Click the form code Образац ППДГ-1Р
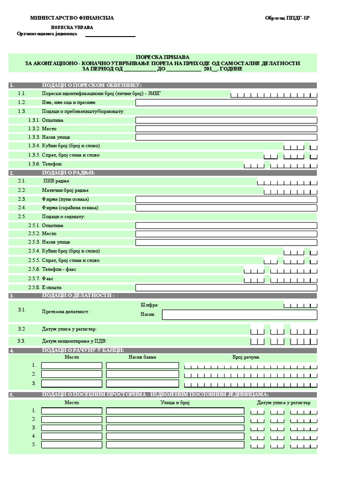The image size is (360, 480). point(287,18)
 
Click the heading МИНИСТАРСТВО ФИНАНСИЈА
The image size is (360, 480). point(72,18)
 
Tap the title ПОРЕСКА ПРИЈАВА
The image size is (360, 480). point(163,57)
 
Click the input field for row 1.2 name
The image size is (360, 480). point(226,103)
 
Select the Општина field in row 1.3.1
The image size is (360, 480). point(226,120)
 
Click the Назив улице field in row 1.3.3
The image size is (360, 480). point(226,137)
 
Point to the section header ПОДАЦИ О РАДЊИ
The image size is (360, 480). point(68,173)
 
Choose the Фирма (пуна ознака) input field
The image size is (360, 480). point(226,199)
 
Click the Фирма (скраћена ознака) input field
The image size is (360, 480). point(226,208)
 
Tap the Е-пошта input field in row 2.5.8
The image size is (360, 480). point(226,287)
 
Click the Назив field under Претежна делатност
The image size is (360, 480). point(239,315)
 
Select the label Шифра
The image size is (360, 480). point(150,305)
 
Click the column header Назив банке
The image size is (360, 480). point(142,357)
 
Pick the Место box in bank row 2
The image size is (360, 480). point(71,374)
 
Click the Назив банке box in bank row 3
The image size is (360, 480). point(142,383)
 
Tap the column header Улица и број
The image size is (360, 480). point(175,403)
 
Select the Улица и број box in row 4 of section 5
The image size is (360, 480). point(175,436)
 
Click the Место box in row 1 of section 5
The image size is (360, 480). point(71,411)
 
